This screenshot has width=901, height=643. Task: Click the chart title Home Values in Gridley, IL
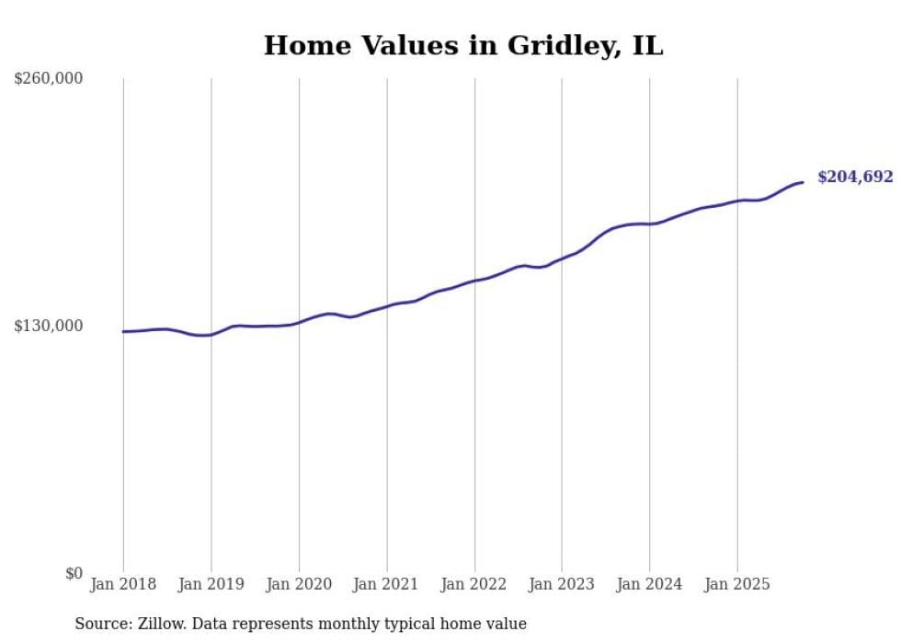pyautogui.click(x=462, y=45)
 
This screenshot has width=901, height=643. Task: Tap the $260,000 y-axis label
pyautogui.click(x=49, y=79)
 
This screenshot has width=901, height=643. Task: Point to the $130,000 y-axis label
pyautogui.click(x=49, y=326)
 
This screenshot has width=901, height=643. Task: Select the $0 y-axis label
pyautogui.click(x=74, y=573)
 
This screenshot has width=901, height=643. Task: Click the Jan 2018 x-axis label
pyautogui.click(x=122, y=584)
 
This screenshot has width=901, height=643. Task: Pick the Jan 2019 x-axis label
pyautogui.click(x=211, y=584)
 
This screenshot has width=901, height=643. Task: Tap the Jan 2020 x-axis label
pyautogui.click(x=299, y=584)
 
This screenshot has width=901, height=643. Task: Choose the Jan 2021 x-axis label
pyautogui.click(x=386, y=584)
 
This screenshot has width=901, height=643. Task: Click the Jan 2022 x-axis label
pyautogui.click(x=474, y=584)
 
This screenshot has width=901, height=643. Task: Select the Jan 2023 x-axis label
pyautogui.click(x=562, y=584)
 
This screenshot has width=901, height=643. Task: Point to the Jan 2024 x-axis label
pyautogui.click(x=650, y=584)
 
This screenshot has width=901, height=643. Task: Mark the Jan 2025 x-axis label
pyautogui.click(x=737, y=584)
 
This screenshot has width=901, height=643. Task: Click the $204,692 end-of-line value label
pyautogui.click(x=855, y=178)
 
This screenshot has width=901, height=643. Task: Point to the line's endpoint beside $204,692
pyautogui.click(x=803, y=182)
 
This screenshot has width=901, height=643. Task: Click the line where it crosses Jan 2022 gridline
pyautogui.click(x=474, y=281)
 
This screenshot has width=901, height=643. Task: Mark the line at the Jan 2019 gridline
pyautogui.click(x=211, y=335)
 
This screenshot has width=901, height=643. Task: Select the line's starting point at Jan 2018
pyautogui.click(x=123, y=331)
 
